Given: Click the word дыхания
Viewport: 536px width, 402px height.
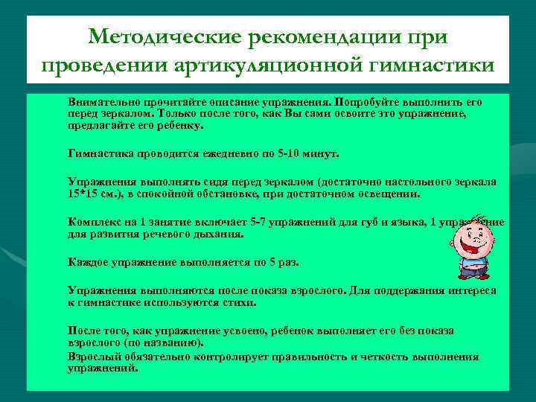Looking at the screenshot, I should [x=218, y=233].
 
